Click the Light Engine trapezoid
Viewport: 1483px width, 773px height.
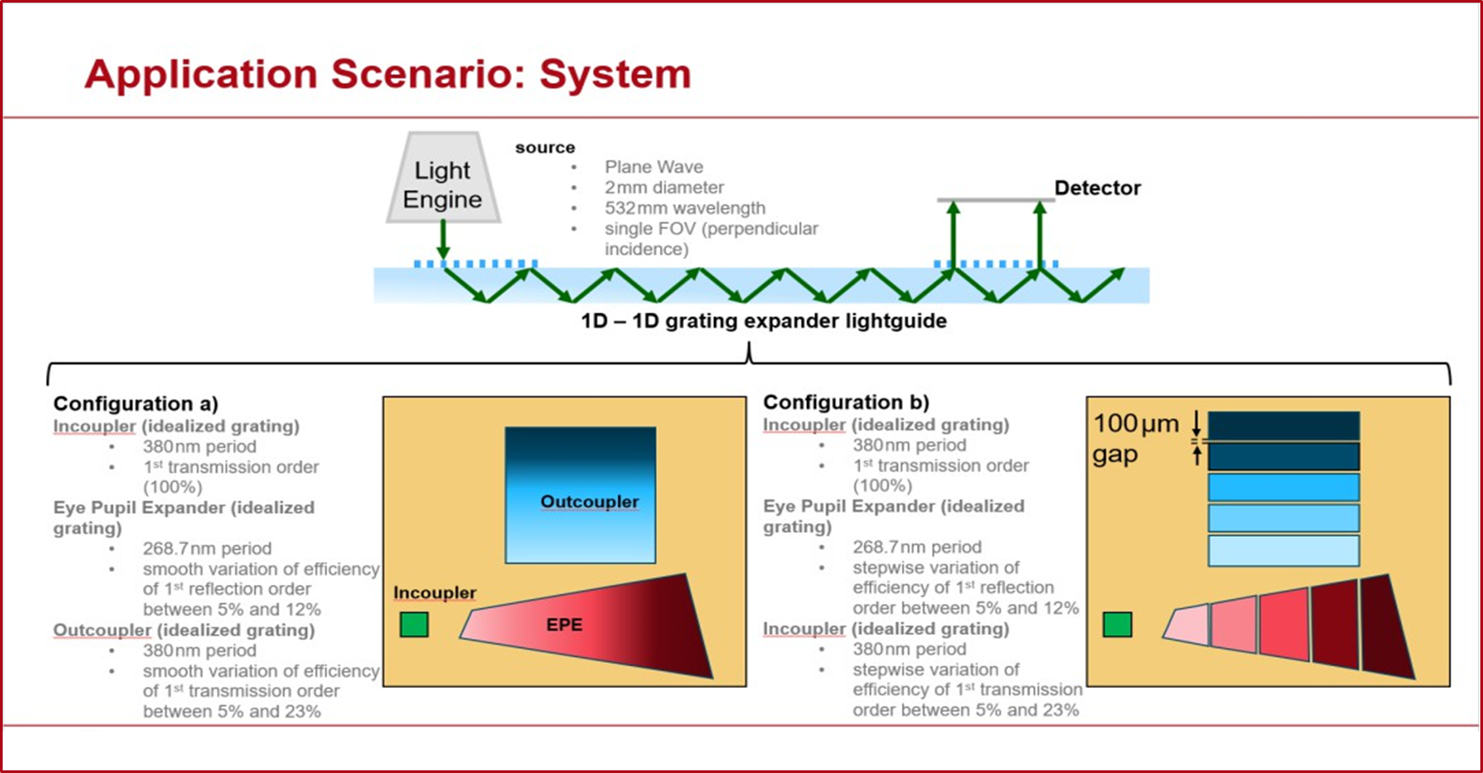[x=443, y=180]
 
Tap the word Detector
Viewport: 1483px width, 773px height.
[x=1097, y=188]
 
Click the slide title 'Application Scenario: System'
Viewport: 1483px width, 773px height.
[x=387, y=73]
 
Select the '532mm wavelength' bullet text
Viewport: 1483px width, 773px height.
[x=684, y=208]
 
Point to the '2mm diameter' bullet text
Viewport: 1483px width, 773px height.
[x=664, y=188]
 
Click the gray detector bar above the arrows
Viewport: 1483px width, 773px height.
[x=996, y=200]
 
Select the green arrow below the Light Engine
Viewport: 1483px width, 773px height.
[x=443, y=239]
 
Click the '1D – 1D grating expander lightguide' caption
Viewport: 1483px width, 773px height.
[x=764, y=321]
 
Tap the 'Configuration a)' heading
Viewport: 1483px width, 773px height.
[x=136, y=404]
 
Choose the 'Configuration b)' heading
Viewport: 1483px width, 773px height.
[x=846, y=403]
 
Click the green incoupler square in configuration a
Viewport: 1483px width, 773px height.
[x=414, y=624]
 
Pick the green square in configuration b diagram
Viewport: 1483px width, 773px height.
[x=1117, y=624]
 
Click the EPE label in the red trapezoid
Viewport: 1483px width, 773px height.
[x=564, y=625]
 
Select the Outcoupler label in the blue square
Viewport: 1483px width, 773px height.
[x=589, y=502]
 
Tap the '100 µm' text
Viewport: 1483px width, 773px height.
[x=1136, y=424]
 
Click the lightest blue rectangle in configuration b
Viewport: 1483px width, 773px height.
[x=1283, y=550]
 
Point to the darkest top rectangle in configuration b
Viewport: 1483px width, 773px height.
[x=1283, y=425]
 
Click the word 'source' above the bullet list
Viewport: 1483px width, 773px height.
[x=545, y=148]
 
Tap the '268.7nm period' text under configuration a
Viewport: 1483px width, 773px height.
[x=206, y=549]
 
